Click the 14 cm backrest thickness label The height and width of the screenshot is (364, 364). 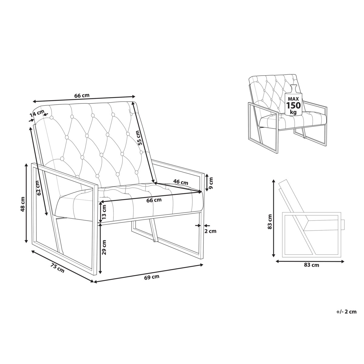click(x=37, y=113)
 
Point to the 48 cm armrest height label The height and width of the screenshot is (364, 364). click(x=23, y=204)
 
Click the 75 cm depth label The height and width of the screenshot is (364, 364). click(x=57, y=268)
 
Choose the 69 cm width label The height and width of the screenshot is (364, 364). click(x=152, y=277)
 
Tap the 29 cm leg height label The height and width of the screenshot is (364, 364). click(x=104, y=248)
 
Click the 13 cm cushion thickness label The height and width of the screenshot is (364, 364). click(x=104, y=212)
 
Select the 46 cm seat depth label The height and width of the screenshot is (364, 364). click(x=181, y=183)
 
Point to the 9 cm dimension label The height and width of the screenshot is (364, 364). click(x=211, y=183)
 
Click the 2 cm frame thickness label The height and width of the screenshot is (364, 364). click(x=210, y=231)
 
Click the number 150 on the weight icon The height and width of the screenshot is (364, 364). click(x=293, y=105)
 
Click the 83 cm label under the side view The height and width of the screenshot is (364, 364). click(x=312, y=265)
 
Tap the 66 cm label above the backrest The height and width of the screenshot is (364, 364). click(x=82, y=95)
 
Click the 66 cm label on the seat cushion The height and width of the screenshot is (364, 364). click(x=154, y=200)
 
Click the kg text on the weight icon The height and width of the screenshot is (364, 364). click(x=293, y=113)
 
